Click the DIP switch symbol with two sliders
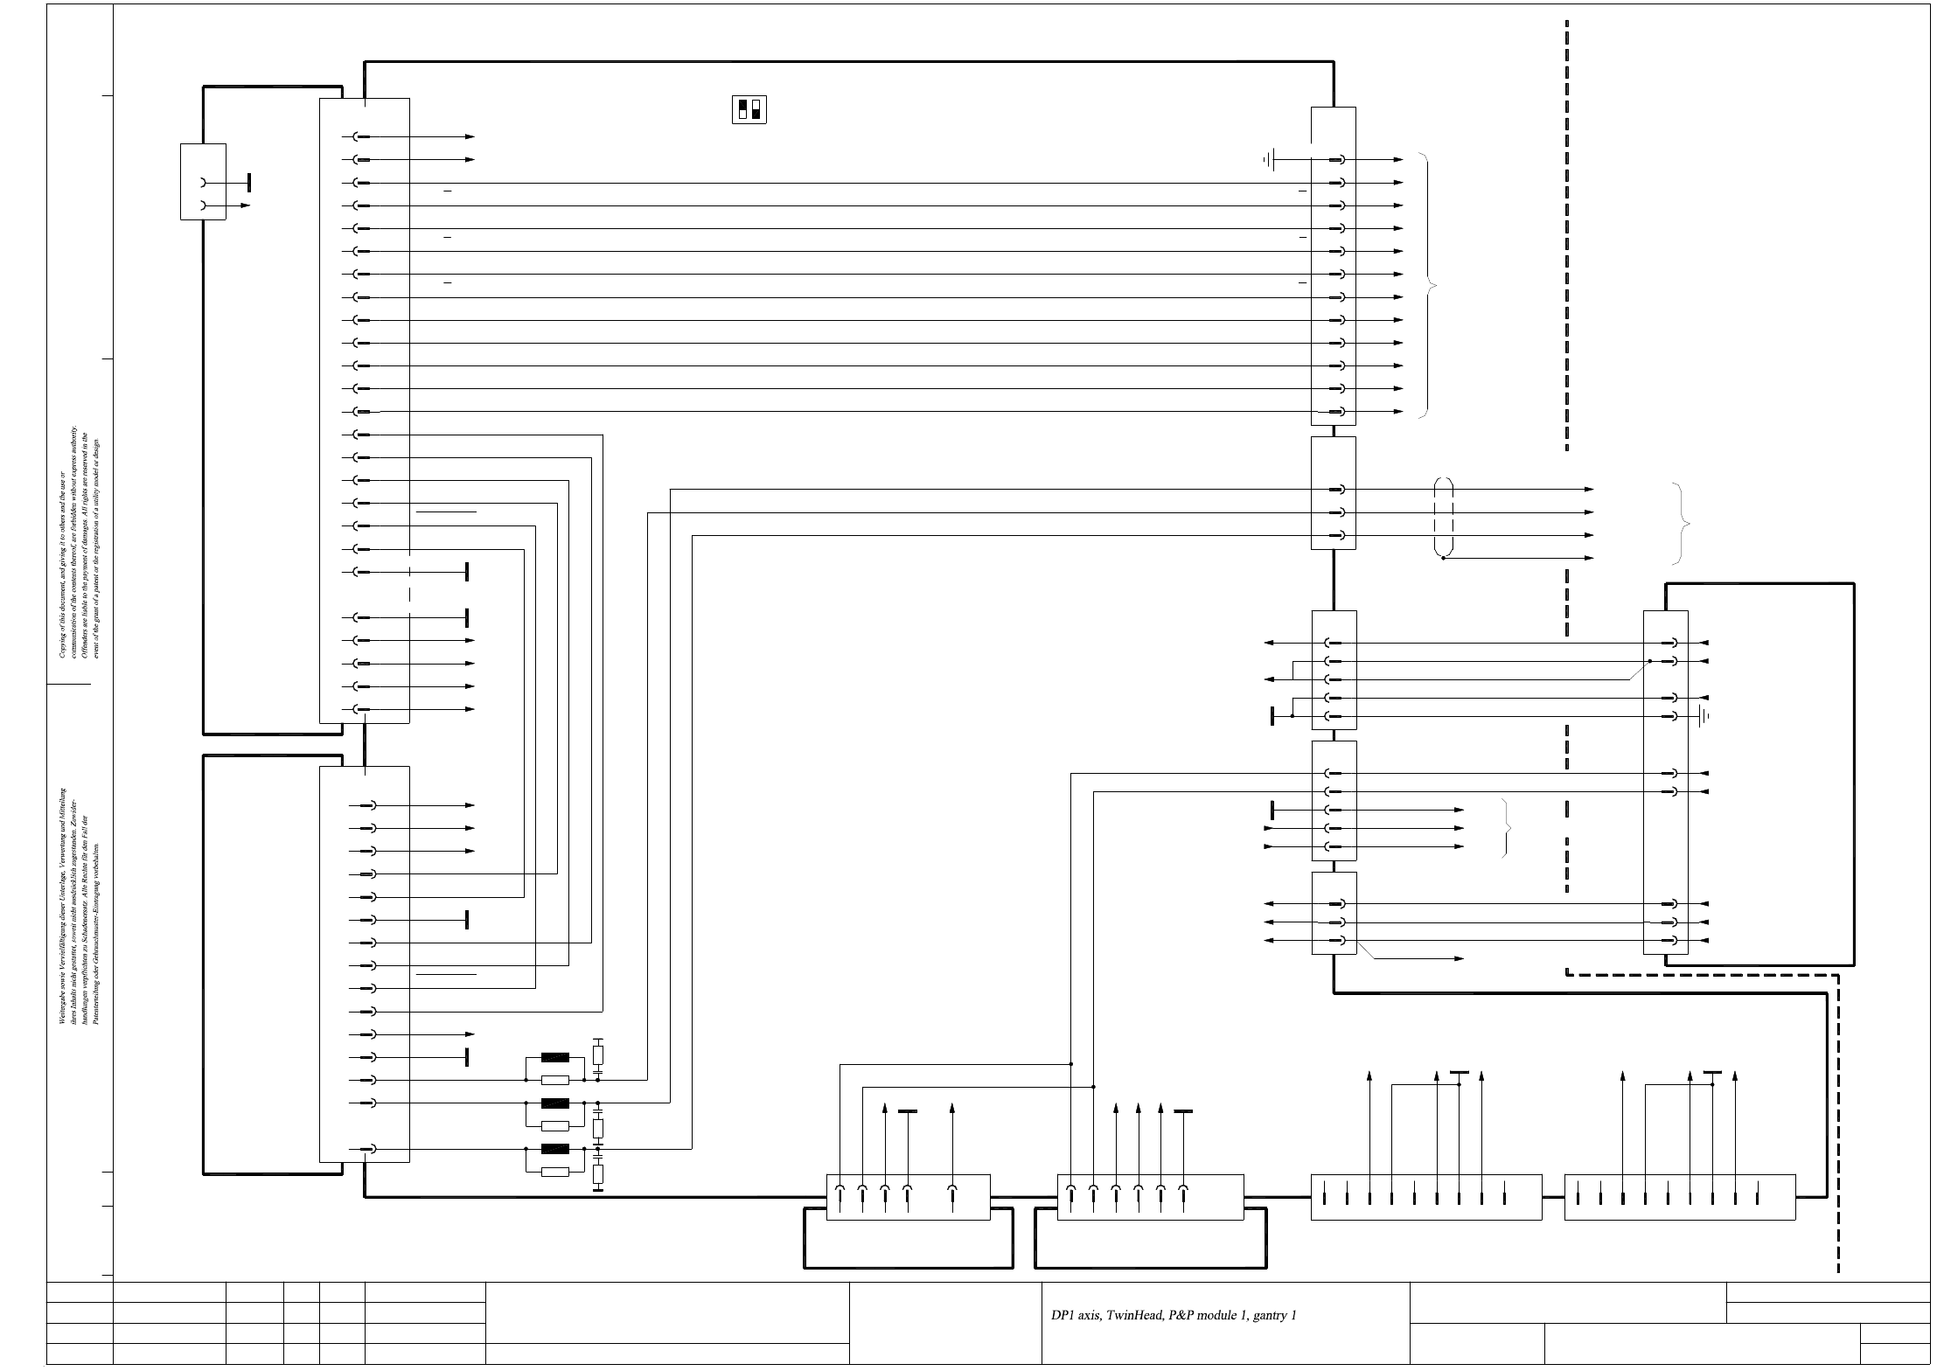point(749,109)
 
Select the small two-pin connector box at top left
point(203,181)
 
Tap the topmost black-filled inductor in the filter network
point(555,1057)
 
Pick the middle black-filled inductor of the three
point(555,1103)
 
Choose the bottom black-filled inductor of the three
point(555,1148)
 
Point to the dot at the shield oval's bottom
point(1443,558)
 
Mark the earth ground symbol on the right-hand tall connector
point(1704,716)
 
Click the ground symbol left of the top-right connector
point(1270,160)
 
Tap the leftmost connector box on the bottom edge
point(908,1196)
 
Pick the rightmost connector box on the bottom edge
point(1679,1197)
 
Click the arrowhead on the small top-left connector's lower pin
point(246,205)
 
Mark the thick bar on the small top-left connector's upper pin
point(249,182)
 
